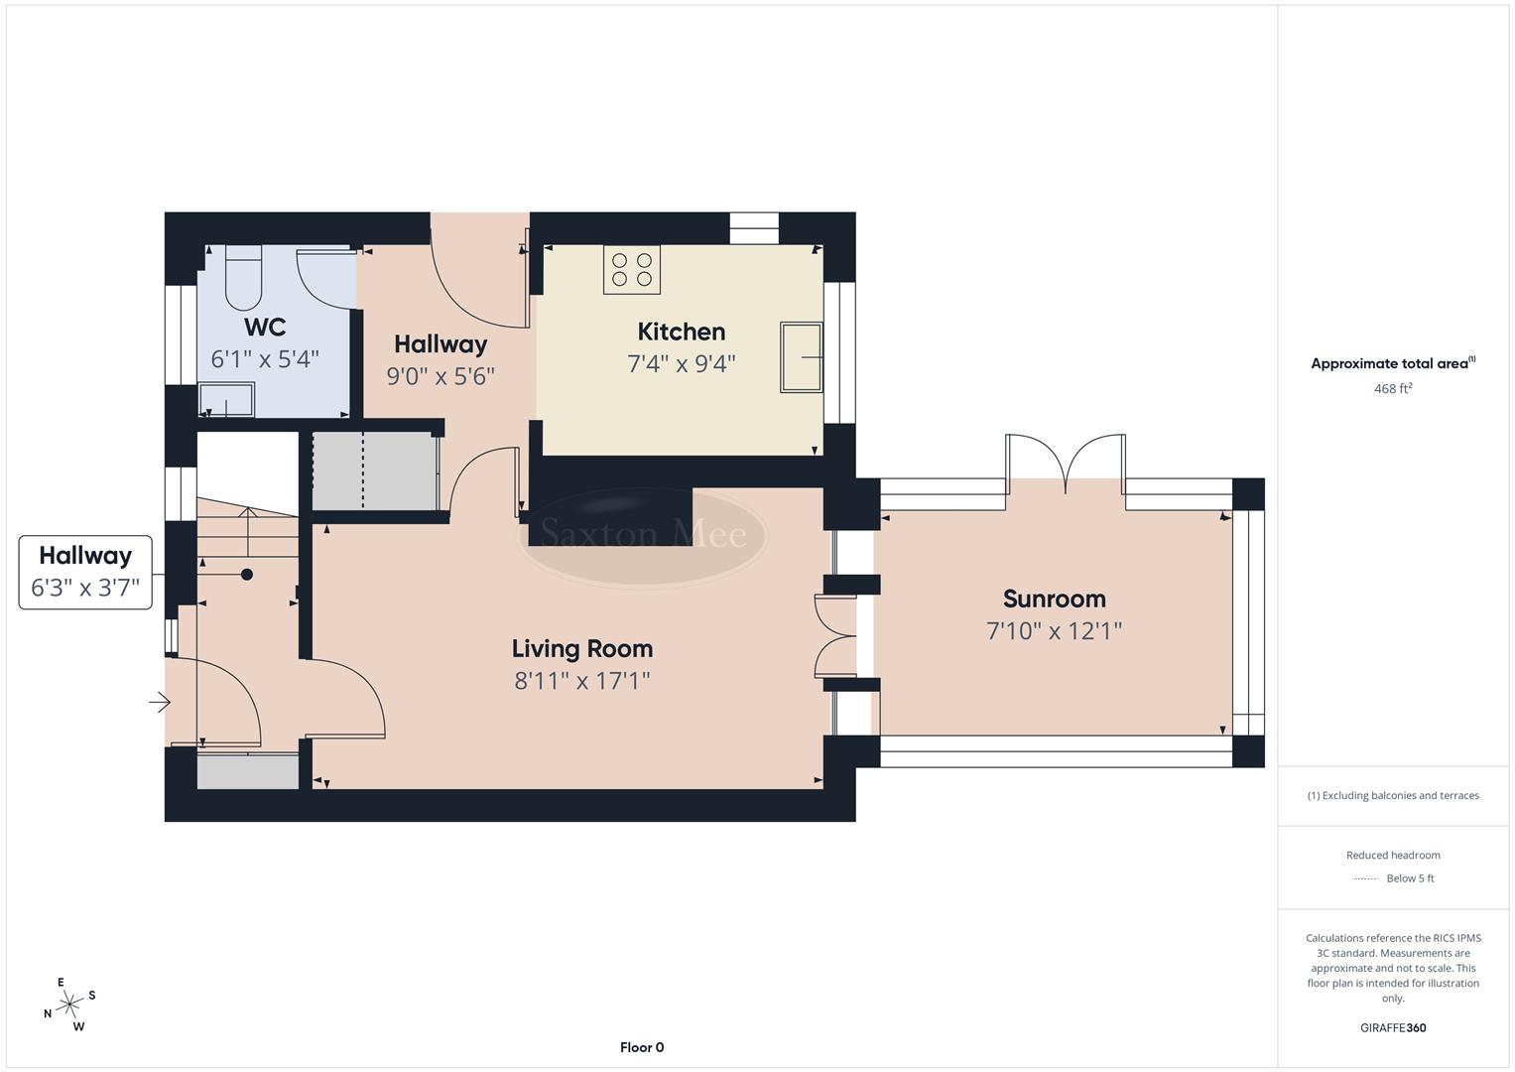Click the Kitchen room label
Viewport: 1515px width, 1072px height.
coord(681,332)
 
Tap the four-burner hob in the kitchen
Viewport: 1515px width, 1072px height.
coord(632,269)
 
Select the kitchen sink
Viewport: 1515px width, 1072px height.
coord(801,356)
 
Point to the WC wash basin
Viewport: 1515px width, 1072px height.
coord(226,400)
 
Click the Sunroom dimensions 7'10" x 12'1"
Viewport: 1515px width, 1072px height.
coord(1054,631)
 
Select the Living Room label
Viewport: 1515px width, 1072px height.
coord(582,649)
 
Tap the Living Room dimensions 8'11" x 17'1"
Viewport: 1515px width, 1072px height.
coord(582,681)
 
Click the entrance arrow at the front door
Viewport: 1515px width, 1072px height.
coord(159,704)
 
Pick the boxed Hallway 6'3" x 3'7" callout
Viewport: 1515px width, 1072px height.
coord(85,572)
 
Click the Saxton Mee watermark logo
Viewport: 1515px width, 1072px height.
coord(643,536)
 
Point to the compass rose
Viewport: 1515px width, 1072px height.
coord(69,1005)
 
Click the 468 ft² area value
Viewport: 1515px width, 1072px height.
coord(1392,389)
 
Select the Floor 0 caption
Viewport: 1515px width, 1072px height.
coord(642,1047)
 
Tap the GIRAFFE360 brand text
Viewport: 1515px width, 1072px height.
coord(1392,1028)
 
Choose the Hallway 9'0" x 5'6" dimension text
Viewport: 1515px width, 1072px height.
coord(441,376)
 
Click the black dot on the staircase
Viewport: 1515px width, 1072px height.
coord(247,575)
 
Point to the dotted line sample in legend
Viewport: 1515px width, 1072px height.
coord(1365,878)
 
